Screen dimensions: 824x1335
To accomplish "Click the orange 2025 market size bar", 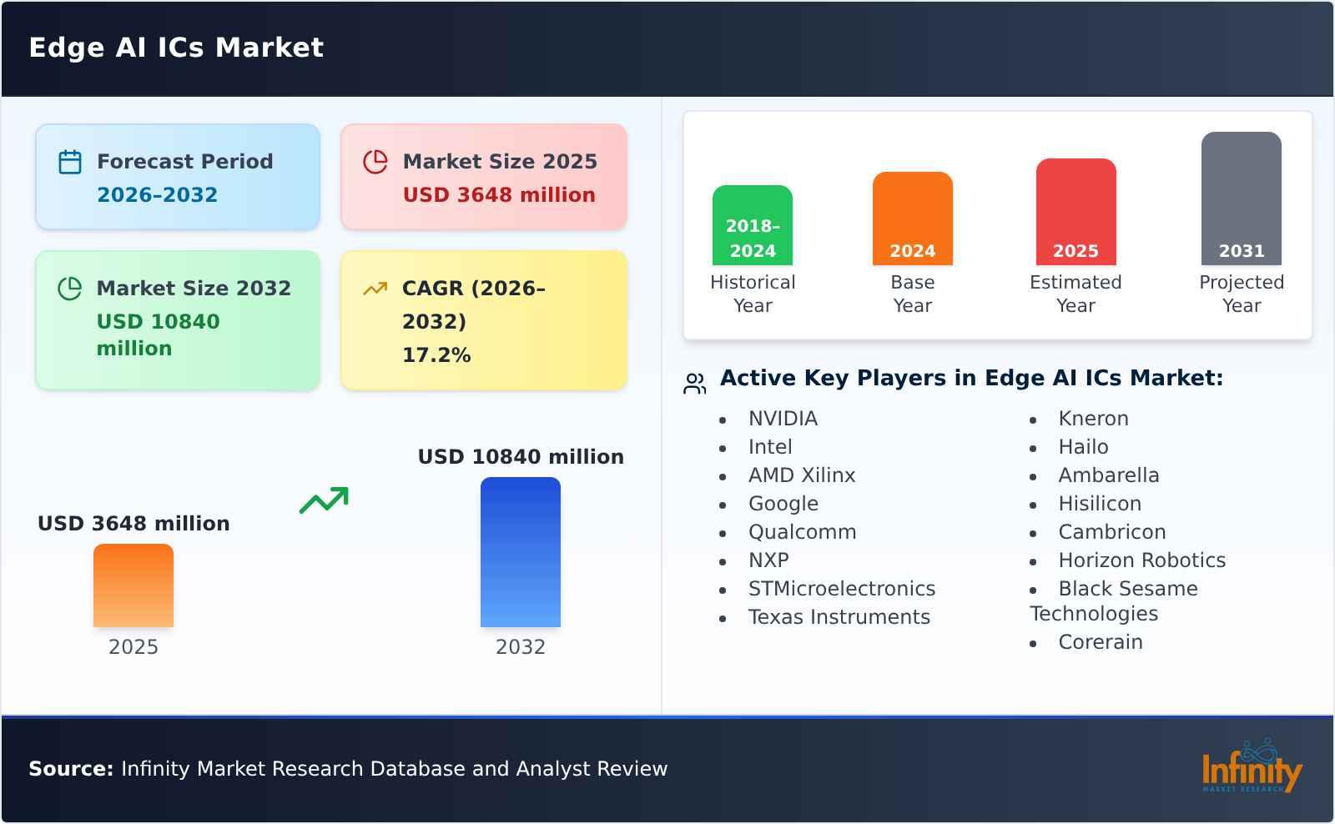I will pyautogui.click(x=133, y=585).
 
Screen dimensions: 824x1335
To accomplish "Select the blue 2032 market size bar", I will pyautogui.click(x=521, y=552).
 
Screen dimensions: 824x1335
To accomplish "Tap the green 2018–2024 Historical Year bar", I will pyautogui.click(x=753, y=224).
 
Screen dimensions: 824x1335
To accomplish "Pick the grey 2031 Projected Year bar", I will pyautogui.click(x=1241, y=198).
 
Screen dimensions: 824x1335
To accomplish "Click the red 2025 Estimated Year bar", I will pyautogui.click(x=1076, y=211).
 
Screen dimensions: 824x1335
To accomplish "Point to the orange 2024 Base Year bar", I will pyautogui.click(x=912, y=218).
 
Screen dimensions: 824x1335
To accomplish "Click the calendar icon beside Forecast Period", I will pyautogui.click(x=70, y=162).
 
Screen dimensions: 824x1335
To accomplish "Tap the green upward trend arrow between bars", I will pyautogui.click(x=324, y=500).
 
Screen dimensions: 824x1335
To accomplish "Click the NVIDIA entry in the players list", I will pyautogui.click(x=783, y=419).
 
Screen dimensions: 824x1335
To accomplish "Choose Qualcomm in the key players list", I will pyautogui.click(x=802, y=532).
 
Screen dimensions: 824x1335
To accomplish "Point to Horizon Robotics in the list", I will pyautogui.click(x=1141, y=560).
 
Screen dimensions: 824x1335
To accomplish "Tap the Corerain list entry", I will pyautogui.click(x=1100, y=642).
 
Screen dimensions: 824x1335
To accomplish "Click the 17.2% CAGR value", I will pyautogui.click(x=436, y=355).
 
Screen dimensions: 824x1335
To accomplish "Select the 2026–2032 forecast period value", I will pyautogui.click(x=157, y=195).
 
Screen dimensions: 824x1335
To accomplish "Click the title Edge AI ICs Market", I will pyautogui.click(x=176, y=48).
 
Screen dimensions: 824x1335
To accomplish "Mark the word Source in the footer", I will pyautogui.click(x=71, y=769).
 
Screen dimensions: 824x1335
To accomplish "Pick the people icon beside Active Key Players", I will pyautogui.click(x=694, y=384).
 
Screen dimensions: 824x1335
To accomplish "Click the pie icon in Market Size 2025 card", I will pyautogui.click(x=375, y=162).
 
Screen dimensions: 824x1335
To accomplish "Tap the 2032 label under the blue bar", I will pyautogui.click(x=521, y=647).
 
